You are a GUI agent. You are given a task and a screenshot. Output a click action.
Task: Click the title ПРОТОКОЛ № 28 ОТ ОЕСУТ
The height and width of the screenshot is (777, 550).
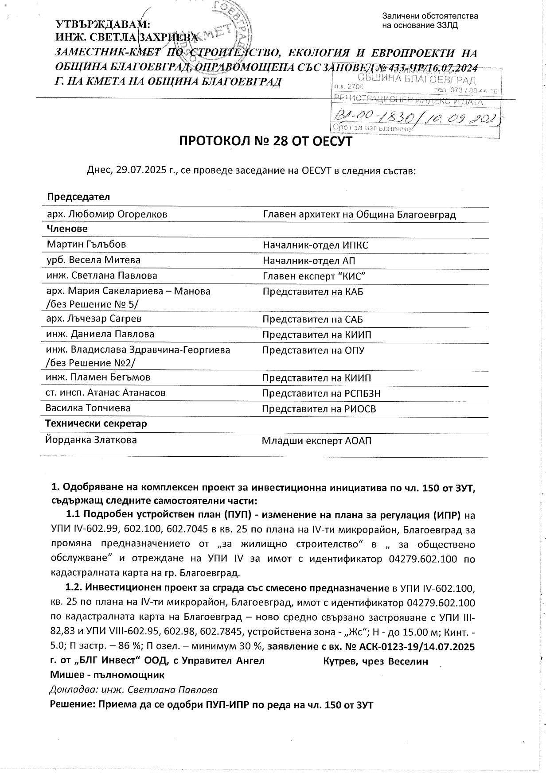pyautogui.click(x=265, y=142)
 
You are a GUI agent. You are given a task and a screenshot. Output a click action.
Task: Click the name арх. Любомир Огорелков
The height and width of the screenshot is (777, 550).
pyautogui.click(x=107, y=214)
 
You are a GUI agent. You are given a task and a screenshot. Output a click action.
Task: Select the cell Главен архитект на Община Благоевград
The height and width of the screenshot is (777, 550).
pyautogui.click(x=359, y=215)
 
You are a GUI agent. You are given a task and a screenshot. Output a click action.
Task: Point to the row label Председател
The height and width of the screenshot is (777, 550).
pyautogui.click(x=78, y=197)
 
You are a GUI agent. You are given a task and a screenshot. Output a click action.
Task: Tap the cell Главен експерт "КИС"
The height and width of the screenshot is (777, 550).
pyautogui.click(x=314, y=276)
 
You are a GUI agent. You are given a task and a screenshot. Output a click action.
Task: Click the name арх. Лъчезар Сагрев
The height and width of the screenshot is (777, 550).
pyautogui.click(x=94, y=319)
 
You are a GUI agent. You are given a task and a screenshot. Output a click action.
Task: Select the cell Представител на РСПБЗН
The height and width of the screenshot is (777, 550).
pyautogui.click(x=321, y=393)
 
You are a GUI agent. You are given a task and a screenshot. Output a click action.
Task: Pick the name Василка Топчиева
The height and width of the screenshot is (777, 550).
pyautogui.click(x=88, y=408)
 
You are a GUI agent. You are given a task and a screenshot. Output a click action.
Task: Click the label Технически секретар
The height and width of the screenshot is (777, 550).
pyautogui.click(x=96, y=423)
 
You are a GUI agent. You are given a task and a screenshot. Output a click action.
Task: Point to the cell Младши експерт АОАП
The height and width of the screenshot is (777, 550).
pyautogui.click(x=316, y=441)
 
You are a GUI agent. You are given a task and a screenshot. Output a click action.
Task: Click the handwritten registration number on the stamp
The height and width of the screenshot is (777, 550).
pyautogui.click(x=417, y=117)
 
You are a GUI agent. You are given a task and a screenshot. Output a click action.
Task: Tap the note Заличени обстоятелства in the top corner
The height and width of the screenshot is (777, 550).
pyautogui.click(x=429, y=16)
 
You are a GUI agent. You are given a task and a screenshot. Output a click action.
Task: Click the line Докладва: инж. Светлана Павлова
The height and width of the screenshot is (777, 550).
pyautogui.click(x=133, y=690)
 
